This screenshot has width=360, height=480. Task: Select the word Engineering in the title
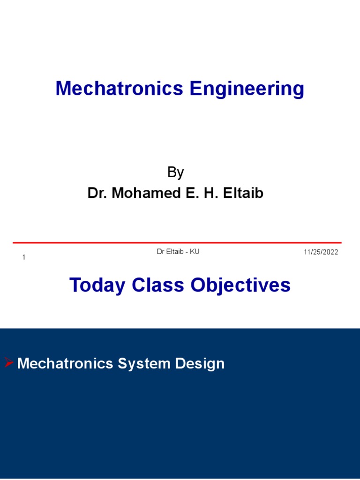click(247, 89)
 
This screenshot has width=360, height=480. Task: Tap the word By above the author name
click(175, 172)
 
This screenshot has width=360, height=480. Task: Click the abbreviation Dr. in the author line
click(97, 193)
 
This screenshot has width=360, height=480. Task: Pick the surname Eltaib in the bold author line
click(245, 193)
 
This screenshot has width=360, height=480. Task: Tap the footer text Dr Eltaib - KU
click(178, 252)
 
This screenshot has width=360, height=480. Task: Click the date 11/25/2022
click(321, 252)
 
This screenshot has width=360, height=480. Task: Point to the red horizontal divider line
click(177, 243)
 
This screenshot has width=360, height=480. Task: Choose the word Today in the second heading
click(97, 285)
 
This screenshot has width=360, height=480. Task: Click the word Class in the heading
click(158, 285)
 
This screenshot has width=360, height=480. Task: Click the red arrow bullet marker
click(9, 362)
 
